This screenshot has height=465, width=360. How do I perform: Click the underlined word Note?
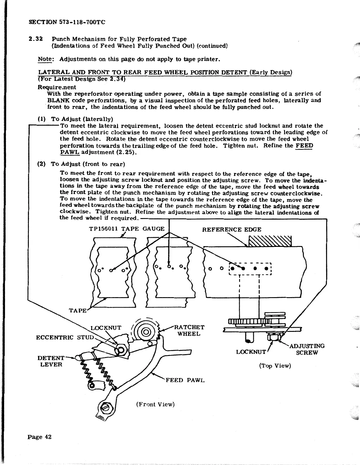click(45, 59)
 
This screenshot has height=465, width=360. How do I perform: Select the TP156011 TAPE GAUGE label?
click(126, 229)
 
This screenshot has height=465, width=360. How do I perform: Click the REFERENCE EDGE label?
click(231, 230)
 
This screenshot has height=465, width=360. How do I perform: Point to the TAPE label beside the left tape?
click(78, 311)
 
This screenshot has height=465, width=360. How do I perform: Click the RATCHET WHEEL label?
click(189, 331)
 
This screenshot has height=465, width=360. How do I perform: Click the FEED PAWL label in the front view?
click(185, 380)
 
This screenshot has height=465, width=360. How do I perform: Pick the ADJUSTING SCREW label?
click(307, 349)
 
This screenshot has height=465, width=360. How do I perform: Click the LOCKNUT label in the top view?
click(251, 352)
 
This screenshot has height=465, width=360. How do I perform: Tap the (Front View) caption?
click(155, 404)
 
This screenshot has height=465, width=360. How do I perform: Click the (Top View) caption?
click(275, 366)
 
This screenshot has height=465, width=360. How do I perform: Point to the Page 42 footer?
click(40, 437)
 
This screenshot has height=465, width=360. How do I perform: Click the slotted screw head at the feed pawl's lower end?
click(105, 408)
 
